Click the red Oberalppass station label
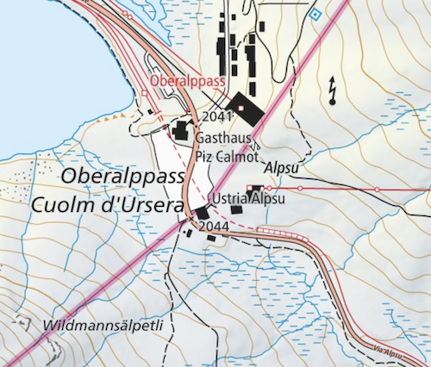(x=187, y=81)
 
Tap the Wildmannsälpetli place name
(x=107, y=327)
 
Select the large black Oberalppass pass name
(x=124, y=177)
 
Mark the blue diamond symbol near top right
(x=315, y=15)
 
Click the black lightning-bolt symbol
(x=333, y=88)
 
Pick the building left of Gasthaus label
(x=182, y=131)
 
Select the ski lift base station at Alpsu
(x=256, y=188)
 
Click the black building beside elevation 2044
(x=202, y=213)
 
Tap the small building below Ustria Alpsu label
(x=235, y=209)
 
